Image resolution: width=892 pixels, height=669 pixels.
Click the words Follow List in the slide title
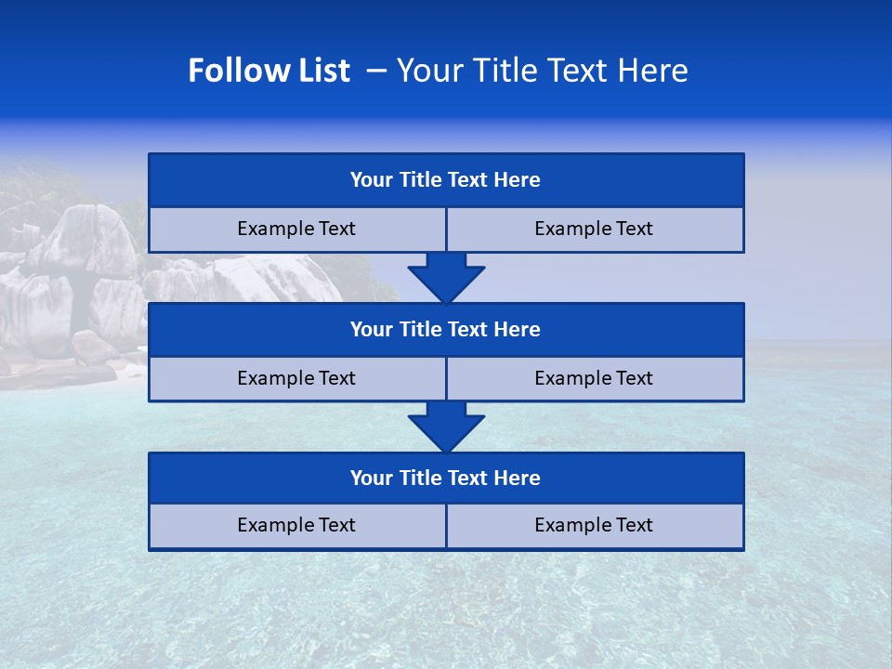[x=269, y=71]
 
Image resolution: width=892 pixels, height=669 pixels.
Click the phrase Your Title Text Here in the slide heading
[x=542, y=71]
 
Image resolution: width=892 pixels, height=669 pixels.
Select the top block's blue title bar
[x=446, y=180]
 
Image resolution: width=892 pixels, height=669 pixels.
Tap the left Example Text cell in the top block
[x=296, y=229]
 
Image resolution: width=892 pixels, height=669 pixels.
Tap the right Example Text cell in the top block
[x=595, y=229]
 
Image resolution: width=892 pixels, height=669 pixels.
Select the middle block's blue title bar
[x=446, y=329]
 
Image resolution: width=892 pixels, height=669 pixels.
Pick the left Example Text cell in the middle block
[x=296, y=378]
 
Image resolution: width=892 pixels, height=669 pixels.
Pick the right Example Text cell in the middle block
[x=595, y=378]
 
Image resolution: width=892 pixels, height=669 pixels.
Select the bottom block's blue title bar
[x=446, y=478]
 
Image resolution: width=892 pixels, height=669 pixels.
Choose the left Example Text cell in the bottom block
[x=296, y=525]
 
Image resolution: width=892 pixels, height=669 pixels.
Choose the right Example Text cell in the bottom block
[x=595, y=525]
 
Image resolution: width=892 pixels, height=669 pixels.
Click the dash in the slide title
[x=376, y=71]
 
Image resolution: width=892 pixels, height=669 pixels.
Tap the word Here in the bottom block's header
[x=518, y=478]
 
